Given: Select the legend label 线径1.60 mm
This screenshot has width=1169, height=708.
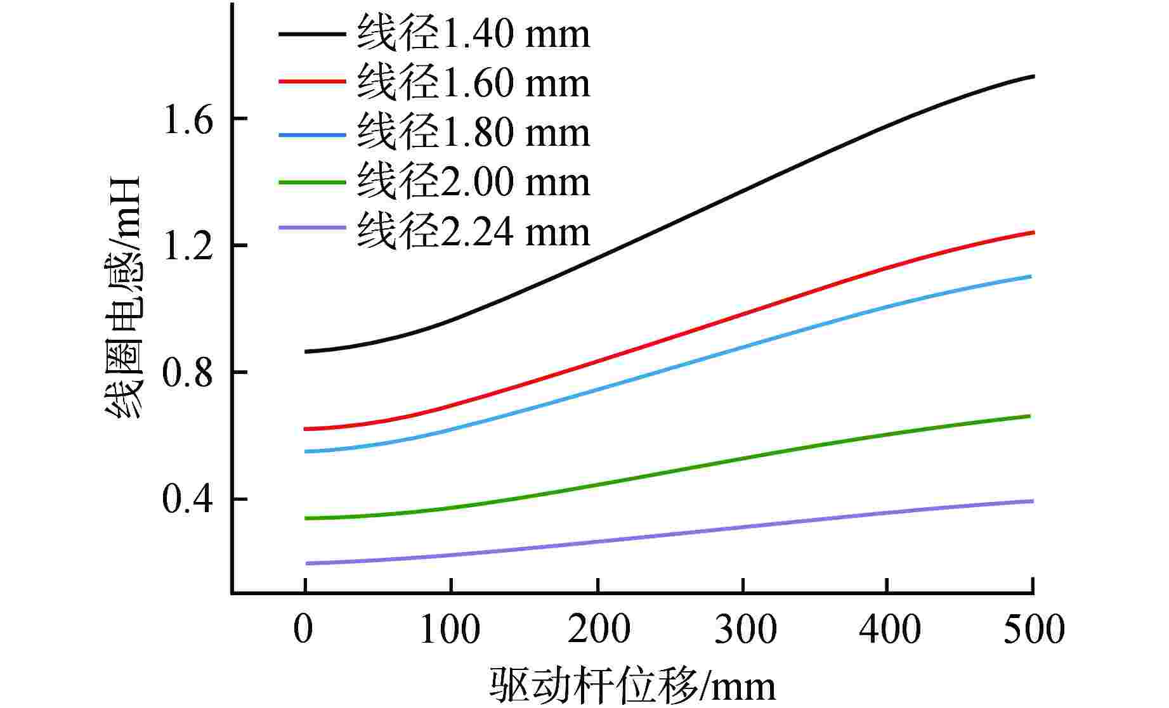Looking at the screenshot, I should (473, 84).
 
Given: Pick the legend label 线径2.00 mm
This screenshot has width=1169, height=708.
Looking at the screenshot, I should (473, 183).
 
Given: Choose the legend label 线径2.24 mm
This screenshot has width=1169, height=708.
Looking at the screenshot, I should (473, 232).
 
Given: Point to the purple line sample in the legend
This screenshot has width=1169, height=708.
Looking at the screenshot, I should (312, 229).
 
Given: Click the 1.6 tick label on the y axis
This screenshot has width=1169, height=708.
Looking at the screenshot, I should (188, 119).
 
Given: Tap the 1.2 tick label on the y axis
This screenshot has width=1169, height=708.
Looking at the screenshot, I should (188, 246).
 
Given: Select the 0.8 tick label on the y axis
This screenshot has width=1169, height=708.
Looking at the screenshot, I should (188, 373).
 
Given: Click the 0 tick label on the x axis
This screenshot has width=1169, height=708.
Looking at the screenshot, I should (304, 629).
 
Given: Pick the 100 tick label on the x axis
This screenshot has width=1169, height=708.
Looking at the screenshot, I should (450, 629).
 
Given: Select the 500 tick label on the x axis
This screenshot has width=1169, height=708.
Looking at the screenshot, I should (1033, 629).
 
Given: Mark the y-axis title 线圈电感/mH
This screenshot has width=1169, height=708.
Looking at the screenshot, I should (123, 297).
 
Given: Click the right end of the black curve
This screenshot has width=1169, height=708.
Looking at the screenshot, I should (1033, 76).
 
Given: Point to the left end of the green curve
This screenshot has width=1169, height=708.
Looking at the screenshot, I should (306, 518).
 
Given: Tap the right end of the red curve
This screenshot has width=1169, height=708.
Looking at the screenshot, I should (1033, 233).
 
